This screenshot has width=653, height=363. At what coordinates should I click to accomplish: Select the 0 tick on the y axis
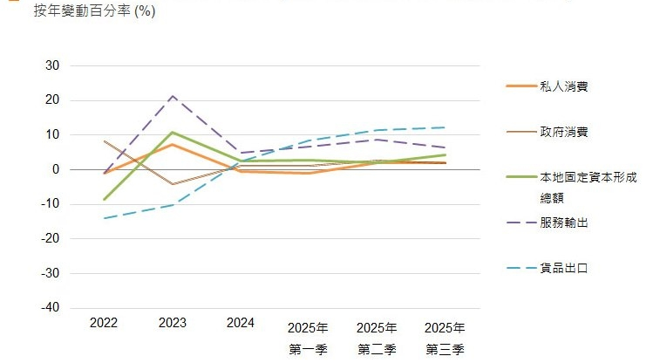pos(55,169)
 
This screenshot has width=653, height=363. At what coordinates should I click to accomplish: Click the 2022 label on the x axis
pos(104,323)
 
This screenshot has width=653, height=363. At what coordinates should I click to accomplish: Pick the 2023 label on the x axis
pos(173,323)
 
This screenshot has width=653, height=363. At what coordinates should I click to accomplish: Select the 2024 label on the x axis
pos(241,323)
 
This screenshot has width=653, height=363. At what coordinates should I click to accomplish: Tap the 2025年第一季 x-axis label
pos(309,339)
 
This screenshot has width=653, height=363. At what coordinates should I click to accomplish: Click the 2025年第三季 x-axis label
pos(445,339)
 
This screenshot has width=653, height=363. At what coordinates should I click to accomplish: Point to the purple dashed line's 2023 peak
pos(173,96)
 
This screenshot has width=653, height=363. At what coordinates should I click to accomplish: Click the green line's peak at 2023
pos(173,133)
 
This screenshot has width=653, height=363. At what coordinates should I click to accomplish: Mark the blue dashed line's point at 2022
pos(105,218)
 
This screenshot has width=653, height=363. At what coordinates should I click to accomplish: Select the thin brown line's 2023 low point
pos(173,184)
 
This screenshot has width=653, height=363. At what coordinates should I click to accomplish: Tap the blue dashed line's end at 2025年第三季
pos(445,127)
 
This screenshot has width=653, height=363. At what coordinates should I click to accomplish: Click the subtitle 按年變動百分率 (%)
pos(94,11)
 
